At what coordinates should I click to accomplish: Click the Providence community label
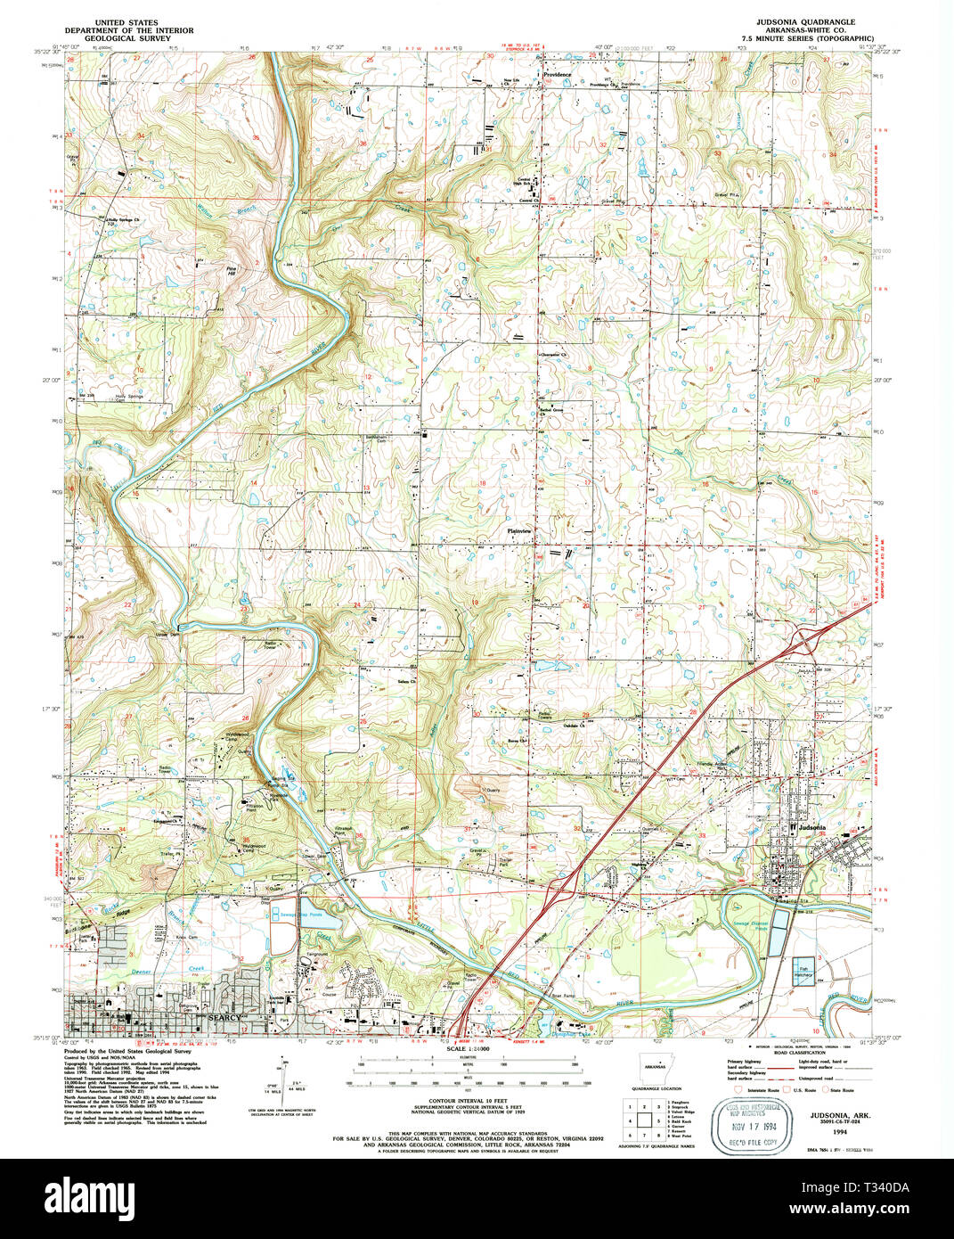pos(558,75)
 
